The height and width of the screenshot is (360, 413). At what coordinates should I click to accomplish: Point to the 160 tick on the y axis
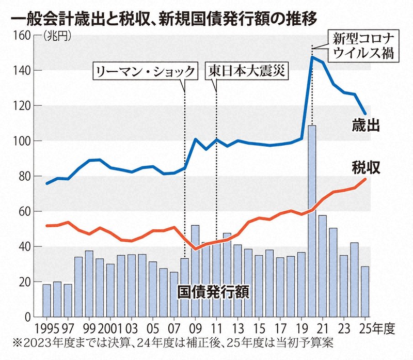click(21, 36)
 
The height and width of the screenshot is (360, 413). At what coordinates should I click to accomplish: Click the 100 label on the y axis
click(21, 141)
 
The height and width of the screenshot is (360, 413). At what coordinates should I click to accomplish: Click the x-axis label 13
click(237, 328)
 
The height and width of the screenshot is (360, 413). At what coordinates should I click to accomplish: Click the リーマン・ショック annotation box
click(145, 71)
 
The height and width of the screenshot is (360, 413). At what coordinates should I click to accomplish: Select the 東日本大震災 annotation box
click(247, 71)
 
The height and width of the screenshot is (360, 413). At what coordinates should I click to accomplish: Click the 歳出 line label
click(368, 125)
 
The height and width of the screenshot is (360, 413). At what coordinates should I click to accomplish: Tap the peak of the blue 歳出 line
click(312, 57)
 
